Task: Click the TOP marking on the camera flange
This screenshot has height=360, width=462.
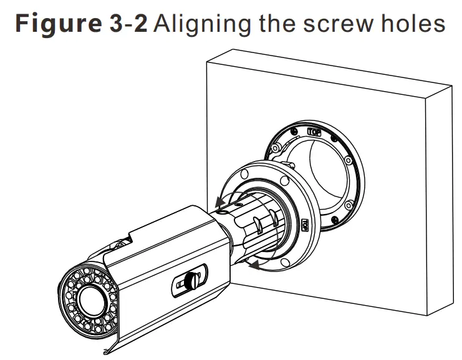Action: pyautogui.click(x=306, y=225)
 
